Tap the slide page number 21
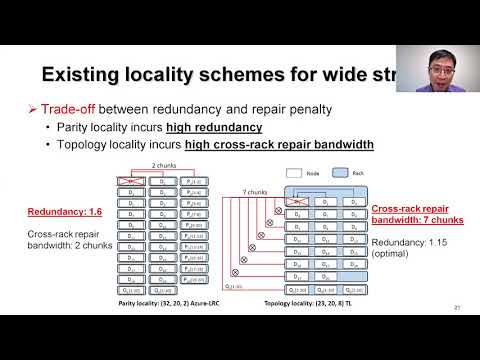click(456, 305)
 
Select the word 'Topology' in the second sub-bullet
click(91, 144)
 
